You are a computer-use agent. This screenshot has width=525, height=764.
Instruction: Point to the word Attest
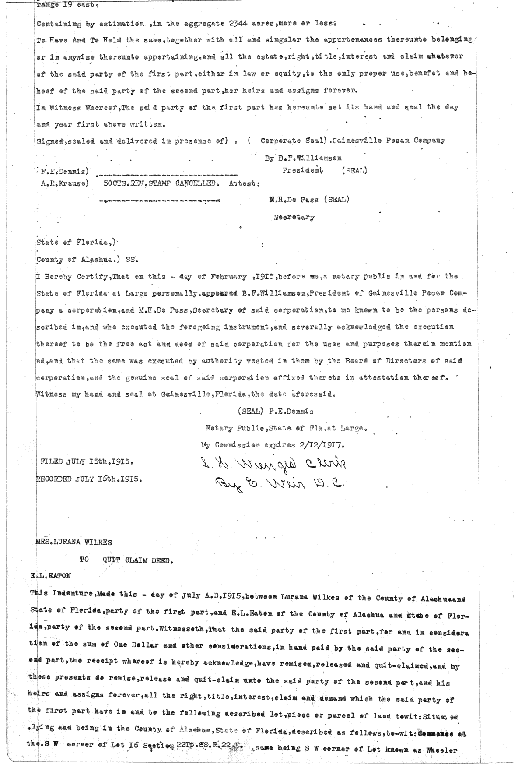point(244,184)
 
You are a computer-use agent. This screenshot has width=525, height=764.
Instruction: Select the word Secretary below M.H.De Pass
point(294,217)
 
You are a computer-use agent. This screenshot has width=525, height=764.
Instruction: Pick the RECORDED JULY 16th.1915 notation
point(89,479)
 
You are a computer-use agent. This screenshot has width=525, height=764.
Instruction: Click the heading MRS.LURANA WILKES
point(73,542)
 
